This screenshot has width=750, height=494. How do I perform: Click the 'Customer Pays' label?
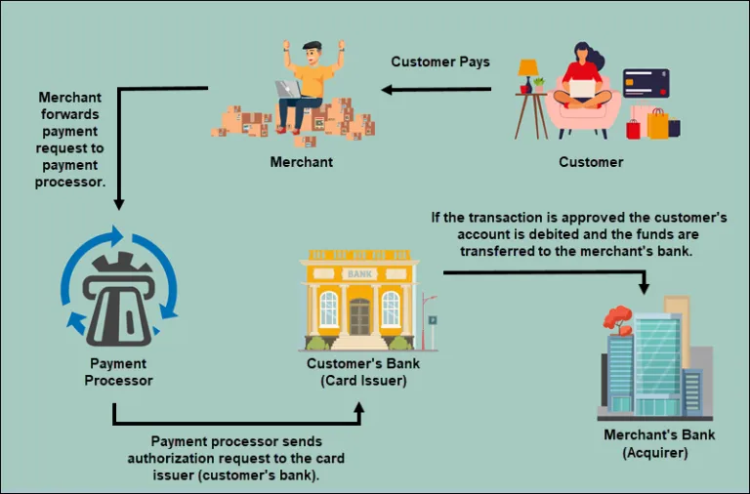tap(440, 62)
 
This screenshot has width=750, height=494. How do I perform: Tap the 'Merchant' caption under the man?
tap(302, 161)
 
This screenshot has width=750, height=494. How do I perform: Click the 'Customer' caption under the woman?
tap(591, 161)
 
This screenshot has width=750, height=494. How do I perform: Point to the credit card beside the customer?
tap(646, 83)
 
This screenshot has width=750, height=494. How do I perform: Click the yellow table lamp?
tap(528, 71)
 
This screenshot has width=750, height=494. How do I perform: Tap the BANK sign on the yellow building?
tap(360, 273)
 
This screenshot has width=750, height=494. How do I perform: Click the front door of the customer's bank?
tap(360, 317)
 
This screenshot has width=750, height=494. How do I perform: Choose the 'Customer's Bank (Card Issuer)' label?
tap(363, 372)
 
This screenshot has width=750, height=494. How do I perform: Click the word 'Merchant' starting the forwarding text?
tap(70, 98)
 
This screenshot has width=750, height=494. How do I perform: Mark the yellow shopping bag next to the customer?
tap(658, 123)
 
